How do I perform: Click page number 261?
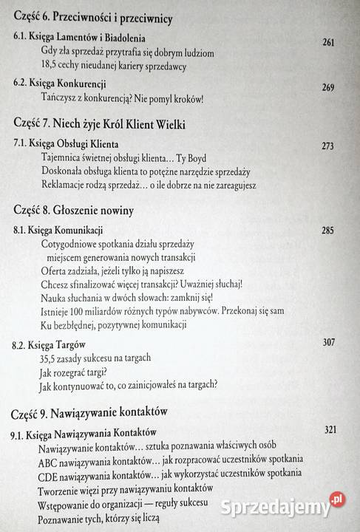(329, 42)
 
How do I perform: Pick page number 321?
(334, 430)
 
